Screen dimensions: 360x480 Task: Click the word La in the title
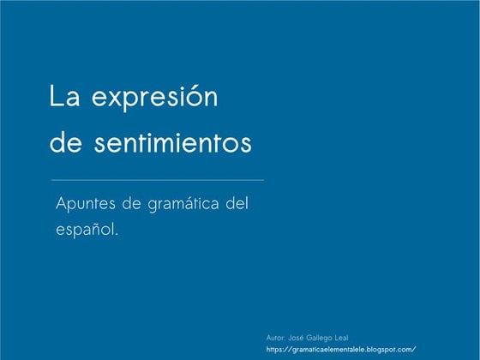click(60, 98)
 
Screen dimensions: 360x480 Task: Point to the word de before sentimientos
click(63, 142)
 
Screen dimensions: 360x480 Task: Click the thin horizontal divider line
click(158, 181)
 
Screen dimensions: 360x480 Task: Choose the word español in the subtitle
click(84, 231)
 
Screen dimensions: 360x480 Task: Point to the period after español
click(115, 236)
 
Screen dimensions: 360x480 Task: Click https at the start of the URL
click(277, 350)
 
